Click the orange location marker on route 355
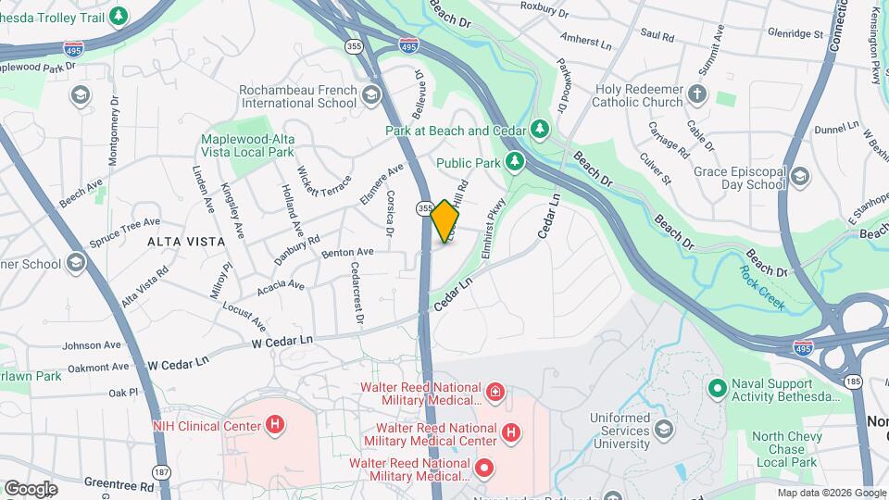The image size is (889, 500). pyautogui.click(x=445, y=221)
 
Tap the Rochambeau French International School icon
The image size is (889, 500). pyautogui.click(x=371, y=94)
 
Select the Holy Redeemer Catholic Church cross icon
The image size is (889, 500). pyautogui.click(x=697, y=94)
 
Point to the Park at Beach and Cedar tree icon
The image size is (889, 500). pyautogui.click(x=542, y=131)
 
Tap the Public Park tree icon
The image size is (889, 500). pyautogui.click(x=515, y=163)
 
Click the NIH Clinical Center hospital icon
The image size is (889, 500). pyautogui.click(x=274, y=426)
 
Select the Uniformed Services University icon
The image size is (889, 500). pyautogui.click(x=663, y=430)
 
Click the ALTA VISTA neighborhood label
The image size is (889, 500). pyautogui.click(x=186, y=242)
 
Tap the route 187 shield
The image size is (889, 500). pyautogui.click(x=162, y=471)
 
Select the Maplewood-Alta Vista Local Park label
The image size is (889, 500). pyautogui.click(x=247, y=145)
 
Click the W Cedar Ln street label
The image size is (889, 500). pyautogui.click(x=282, y=342)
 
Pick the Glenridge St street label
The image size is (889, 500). pyautogui.click(x=795, y=33)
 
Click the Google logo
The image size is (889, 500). pyautogui.click(x=31, y=488)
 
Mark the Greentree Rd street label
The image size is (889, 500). pyautogui.click(x=119, y=483)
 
